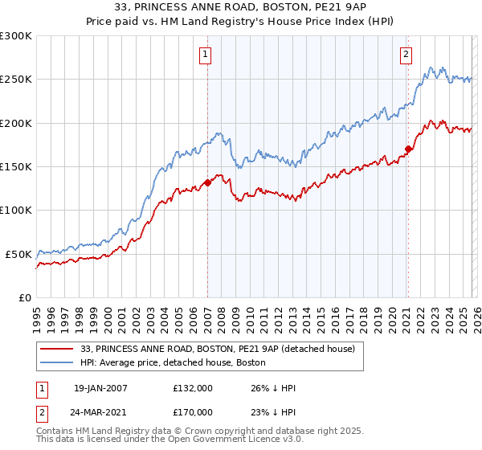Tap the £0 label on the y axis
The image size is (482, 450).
click(26, 297)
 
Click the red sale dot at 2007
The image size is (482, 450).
click(207, 182)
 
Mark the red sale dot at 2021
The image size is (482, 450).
click(408, 149)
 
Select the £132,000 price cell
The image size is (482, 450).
click(192, 388)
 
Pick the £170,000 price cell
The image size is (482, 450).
click(192, 411)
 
